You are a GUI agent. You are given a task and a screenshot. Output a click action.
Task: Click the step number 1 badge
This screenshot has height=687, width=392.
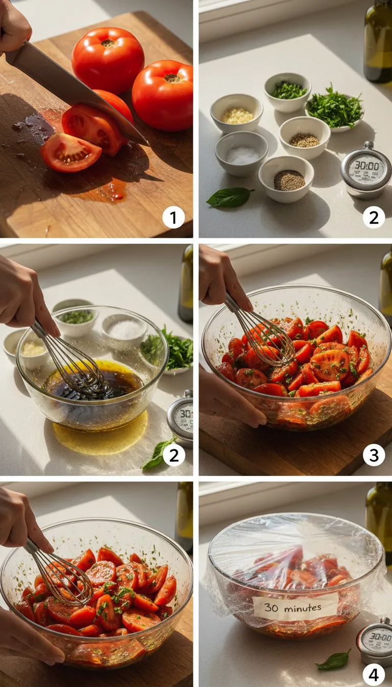pos(173,219)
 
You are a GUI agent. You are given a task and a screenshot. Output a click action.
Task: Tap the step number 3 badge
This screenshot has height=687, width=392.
pos(374,455)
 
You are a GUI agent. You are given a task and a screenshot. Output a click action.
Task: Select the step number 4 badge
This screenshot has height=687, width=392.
pos(374,675)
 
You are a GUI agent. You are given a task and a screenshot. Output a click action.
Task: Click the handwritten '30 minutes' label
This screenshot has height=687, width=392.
pos(296,607)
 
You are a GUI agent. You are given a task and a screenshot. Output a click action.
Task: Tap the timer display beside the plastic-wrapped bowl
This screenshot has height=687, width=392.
pos(376,639)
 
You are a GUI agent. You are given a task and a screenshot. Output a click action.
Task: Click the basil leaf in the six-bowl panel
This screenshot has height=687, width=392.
pos(229,197)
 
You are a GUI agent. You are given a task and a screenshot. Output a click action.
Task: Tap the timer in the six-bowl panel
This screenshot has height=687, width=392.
pos(365,170)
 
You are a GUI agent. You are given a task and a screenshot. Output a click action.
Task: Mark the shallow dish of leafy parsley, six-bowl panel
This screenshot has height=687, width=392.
pos(334,109)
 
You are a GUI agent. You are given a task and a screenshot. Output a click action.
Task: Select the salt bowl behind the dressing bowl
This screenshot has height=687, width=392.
pos(125,330)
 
